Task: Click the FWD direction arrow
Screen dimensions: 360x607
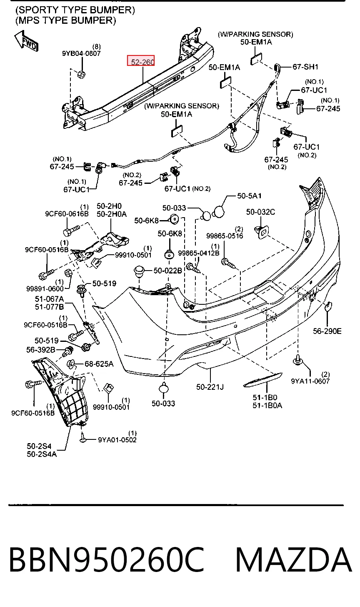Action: coord(26,41)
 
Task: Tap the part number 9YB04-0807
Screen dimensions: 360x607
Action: coord(81,53)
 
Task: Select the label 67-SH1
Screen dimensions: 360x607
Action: coord(305,67)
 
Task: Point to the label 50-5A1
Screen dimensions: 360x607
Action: coord(249,196)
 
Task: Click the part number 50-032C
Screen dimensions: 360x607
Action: coord(260,212)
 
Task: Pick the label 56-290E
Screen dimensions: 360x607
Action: coord(327,331)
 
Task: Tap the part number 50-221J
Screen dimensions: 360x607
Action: coord(210,387)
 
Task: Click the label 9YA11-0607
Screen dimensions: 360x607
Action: coord(310,381)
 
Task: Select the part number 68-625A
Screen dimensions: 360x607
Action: coord(99,364)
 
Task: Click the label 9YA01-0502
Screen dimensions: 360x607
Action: coord(117,439)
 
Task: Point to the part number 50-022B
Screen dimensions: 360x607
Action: coord(167,271)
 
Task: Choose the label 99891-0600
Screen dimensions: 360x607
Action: coord(45,288)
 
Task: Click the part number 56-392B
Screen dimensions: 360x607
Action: coord(41,350)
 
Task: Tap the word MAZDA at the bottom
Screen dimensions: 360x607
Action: coord(294,559)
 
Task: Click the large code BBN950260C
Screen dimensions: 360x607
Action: coord(106,559)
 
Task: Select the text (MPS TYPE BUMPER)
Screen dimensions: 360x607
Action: coord(65,20)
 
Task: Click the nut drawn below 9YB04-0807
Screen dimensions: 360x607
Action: coord(81,74)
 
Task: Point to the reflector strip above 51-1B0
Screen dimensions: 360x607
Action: coord(263,380)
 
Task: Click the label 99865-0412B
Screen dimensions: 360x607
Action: coord(199,253)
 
